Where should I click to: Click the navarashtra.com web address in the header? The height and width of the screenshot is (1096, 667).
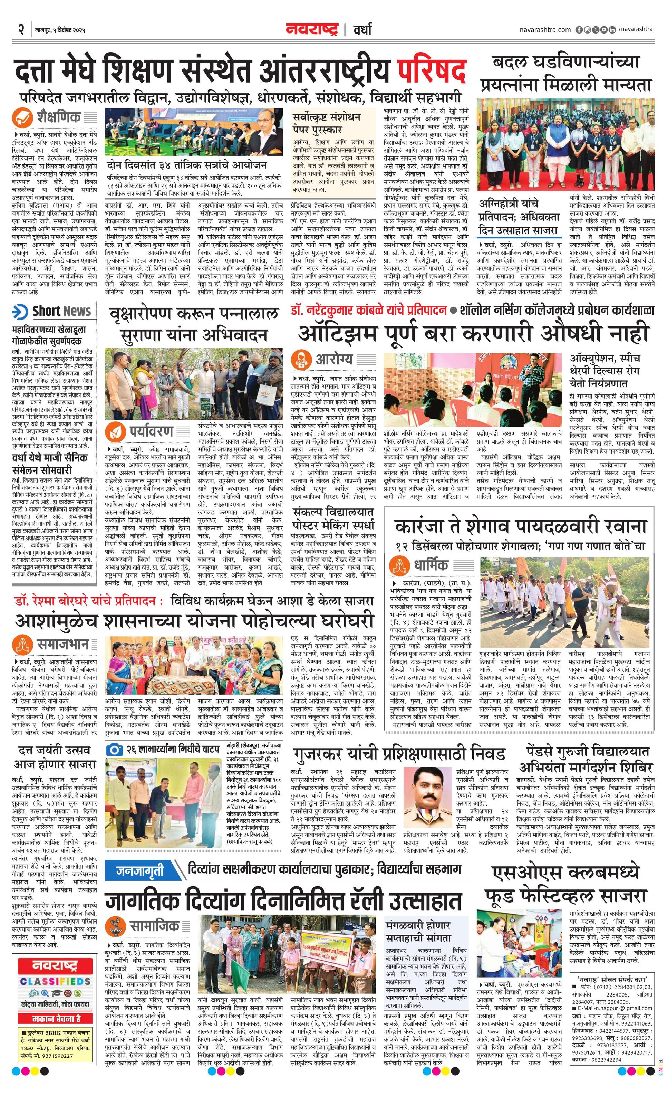(x=545, y=29)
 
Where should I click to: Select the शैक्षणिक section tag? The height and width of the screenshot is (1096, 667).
(x=59, y=117)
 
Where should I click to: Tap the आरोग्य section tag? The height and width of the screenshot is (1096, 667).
(x=334, y=359)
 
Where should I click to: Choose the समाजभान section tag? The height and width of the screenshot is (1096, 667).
(x=62, y=645)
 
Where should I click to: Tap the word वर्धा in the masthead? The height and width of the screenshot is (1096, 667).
(x=362, y=29)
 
